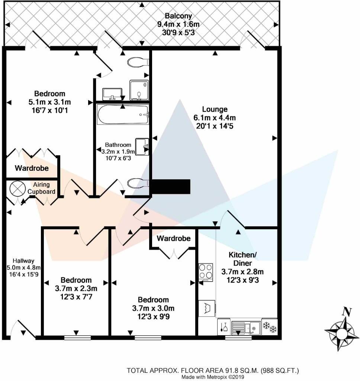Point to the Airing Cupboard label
click(44, 188)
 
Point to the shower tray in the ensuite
click(139, 90)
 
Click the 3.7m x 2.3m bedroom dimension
click(76, 288)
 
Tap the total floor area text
click(213, 371)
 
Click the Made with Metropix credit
click(213, 377)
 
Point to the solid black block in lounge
click(170, 186)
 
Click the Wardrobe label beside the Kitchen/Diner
click(173, 238)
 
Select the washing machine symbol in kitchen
click(207, 308)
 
